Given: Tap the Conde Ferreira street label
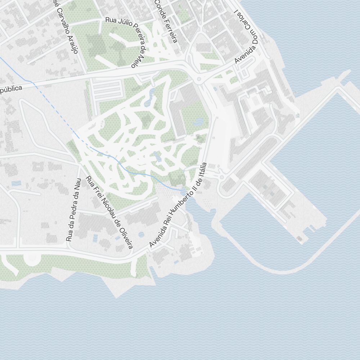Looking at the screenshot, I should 166,21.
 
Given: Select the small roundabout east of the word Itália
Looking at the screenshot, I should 221,177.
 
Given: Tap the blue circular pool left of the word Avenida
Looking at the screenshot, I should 141,235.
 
